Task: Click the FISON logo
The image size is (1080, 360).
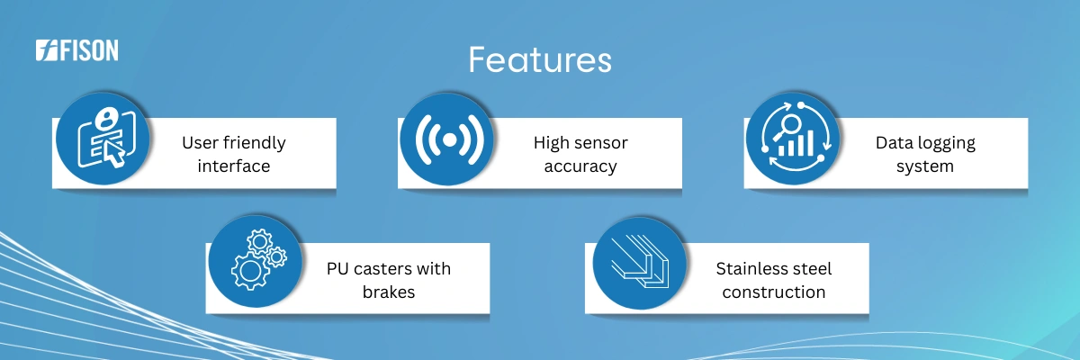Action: point(77,50)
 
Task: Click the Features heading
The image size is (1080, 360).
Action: point(540,60)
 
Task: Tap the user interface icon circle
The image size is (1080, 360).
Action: point(103,139)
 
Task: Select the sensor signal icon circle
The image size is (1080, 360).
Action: point(447,139)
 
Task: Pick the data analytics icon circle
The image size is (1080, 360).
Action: point(793,139)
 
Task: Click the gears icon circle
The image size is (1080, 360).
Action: point(256,261)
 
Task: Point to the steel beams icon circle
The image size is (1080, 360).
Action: point(640,263)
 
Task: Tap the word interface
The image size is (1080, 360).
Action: point(234,166)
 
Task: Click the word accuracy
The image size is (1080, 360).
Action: point(580,166)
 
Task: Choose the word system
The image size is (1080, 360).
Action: point(925,166)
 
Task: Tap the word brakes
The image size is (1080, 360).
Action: point(389,292)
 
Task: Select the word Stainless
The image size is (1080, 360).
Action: point(749,268)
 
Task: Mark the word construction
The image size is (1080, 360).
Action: point(774,292)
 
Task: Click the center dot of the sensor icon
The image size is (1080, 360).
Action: point(449,139)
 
